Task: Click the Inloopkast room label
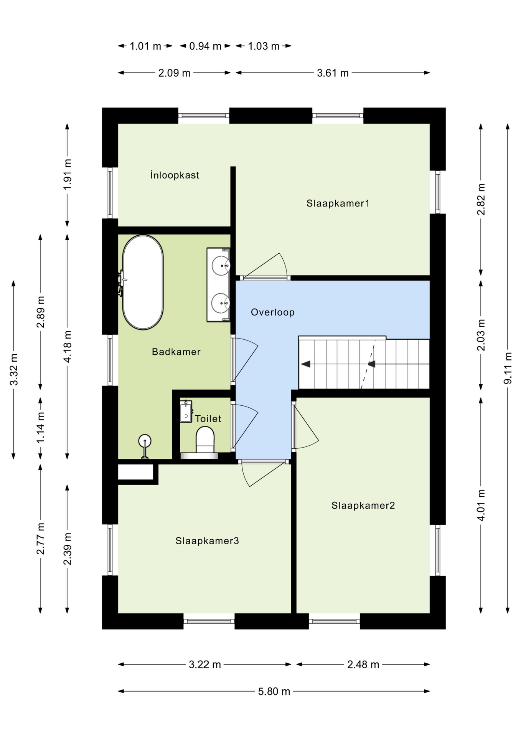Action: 175,175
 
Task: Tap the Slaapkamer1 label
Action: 338,203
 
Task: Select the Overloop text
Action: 273,312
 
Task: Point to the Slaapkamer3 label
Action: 207,540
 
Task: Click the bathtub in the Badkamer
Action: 143,282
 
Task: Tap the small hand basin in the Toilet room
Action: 186,411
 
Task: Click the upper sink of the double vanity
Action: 221,266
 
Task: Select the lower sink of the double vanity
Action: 221,303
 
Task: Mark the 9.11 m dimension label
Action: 508,368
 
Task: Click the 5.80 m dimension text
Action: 274,691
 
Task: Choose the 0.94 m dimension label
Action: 205,46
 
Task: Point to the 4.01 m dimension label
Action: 481,505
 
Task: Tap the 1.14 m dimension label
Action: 40,427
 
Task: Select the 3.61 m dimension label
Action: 333,73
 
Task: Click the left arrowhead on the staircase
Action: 306,364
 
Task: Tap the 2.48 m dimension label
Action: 363,664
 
